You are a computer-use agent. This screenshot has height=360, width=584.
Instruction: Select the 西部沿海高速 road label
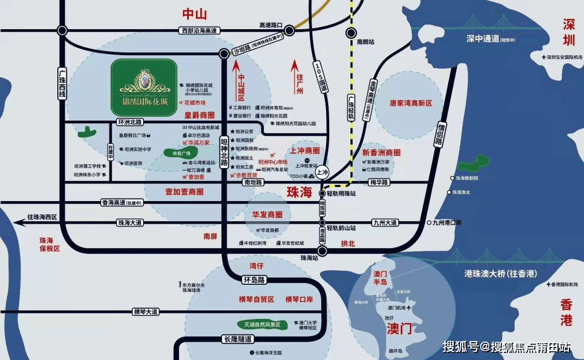point(198,31)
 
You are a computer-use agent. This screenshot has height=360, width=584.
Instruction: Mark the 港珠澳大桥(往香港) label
point(496,274)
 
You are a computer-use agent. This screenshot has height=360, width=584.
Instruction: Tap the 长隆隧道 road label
point(237,339)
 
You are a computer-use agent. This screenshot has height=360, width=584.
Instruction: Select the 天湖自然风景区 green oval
point(262,325)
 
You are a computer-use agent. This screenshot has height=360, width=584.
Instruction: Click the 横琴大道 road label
point(146,312)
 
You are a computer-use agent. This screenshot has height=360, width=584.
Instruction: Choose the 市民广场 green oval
point(181,154)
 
